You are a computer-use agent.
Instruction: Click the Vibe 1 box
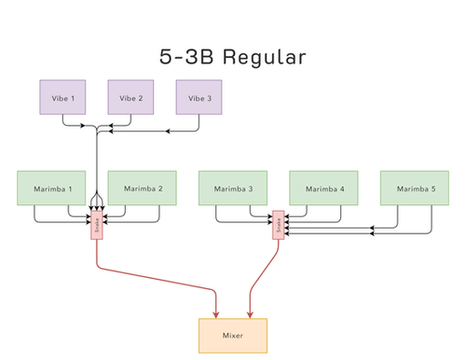pos(62,98)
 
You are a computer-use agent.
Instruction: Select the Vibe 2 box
pos(130,98)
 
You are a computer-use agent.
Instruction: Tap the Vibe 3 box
pos(199,98)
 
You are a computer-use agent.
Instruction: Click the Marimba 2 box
pos(142,188)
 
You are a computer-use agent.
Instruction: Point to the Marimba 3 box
pos(233,188)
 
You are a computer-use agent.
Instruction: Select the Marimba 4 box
pos(323,188)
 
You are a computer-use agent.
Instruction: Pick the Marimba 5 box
pos(415,188)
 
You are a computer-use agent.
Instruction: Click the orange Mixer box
pos(233,335)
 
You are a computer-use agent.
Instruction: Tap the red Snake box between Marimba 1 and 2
pos(96,225)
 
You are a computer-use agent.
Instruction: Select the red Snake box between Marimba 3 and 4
pos(278,225)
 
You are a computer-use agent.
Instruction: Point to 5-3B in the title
pos(191,57)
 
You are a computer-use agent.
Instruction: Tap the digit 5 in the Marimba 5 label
pos(435,188)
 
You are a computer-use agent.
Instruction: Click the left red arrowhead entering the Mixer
pos(216,314)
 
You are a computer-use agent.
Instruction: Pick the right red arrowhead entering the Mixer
pos(248,314)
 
